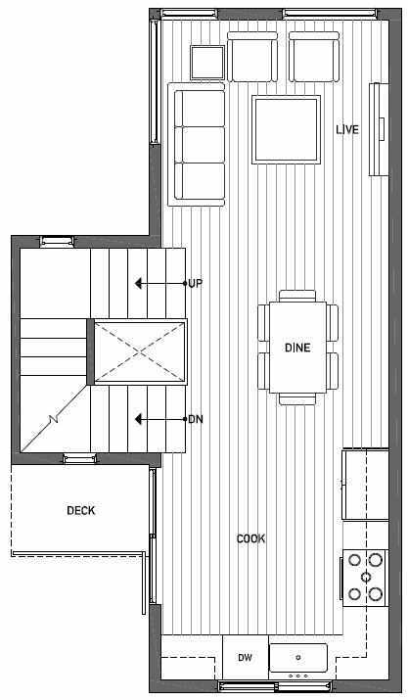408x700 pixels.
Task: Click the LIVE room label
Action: click(347, 129)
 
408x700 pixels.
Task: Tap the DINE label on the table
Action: click(297, 348)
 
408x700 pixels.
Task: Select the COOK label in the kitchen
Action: click(251, 538)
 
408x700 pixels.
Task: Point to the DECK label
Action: click(81, 510)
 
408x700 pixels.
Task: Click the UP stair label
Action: click(195, 283)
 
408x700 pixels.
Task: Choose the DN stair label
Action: click(195, 419)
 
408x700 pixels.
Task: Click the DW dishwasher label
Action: click(245, 658)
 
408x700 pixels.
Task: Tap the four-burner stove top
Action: click(363, 577)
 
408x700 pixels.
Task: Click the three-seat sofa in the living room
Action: click(198, 144)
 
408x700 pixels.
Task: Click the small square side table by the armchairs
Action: click(207, 63)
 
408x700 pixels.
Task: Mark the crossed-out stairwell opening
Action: click(139, 350)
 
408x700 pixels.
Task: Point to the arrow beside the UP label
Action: click(157, 283)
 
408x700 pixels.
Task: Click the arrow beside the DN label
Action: click(157, 419)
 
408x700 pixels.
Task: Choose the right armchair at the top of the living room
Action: click(313, 58)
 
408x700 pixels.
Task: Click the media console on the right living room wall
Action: click(374, 130)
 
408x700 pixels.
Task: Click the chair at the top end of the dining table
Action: click(297, 295)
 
